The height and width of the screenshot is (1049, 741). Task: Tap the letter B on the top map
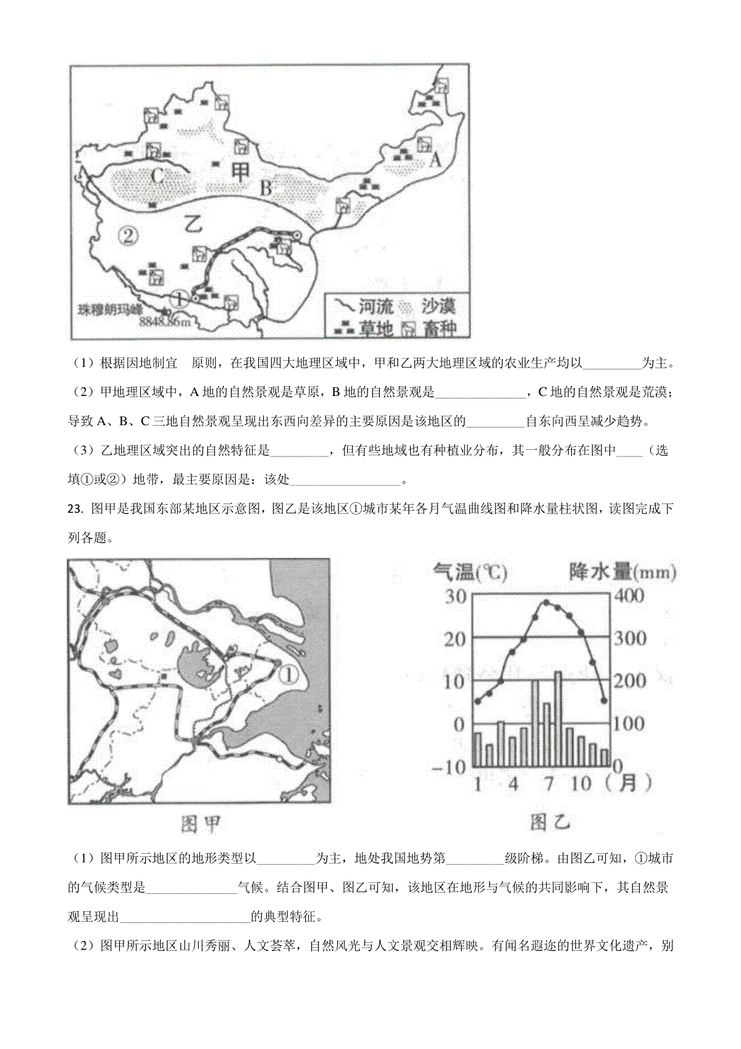tap(266, 188)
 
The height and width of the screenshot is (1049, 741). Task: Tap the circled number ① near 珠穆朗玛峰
tap(178, 300)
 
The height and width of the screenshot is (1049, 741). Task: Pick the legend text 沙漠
tap(438, 306)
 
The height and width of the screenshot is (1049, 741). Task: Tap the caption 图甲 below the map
tap(200, 824)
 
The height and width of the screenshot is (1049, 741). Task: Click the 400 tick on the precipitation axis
tap(628, 596)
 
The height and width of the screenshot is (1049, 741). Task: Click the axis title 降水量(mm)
tap(622, 573)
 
